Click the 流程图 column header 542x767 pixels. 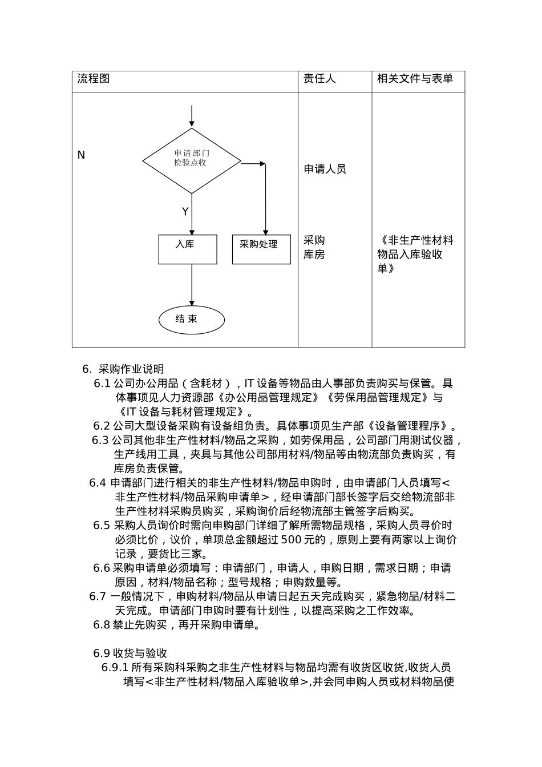[94, 79]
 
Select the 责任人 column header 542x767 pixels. [319, 79]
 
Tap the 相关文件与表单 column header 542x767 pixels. [415, 79]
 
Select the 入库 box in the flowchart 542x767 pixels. [187, 249]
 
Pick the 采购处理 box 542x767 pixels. [261, 249]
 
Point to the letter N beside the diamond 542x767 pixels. [81, 155]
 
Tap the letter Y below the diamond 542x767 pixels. [185, 212]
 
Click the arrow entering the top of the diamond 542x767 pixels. [192, 116]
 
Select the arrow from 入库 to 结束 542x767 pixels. [192, 285]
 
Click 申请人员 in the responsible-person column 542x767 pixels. [325, 169]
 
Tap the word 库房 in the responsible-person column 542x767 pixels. [314, 255]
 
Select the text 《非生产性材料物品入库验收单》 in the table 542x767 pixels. [415, 254]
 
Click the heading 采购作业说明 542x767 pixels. [131, 369]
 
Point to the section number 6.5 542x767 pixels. [101, 525]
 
